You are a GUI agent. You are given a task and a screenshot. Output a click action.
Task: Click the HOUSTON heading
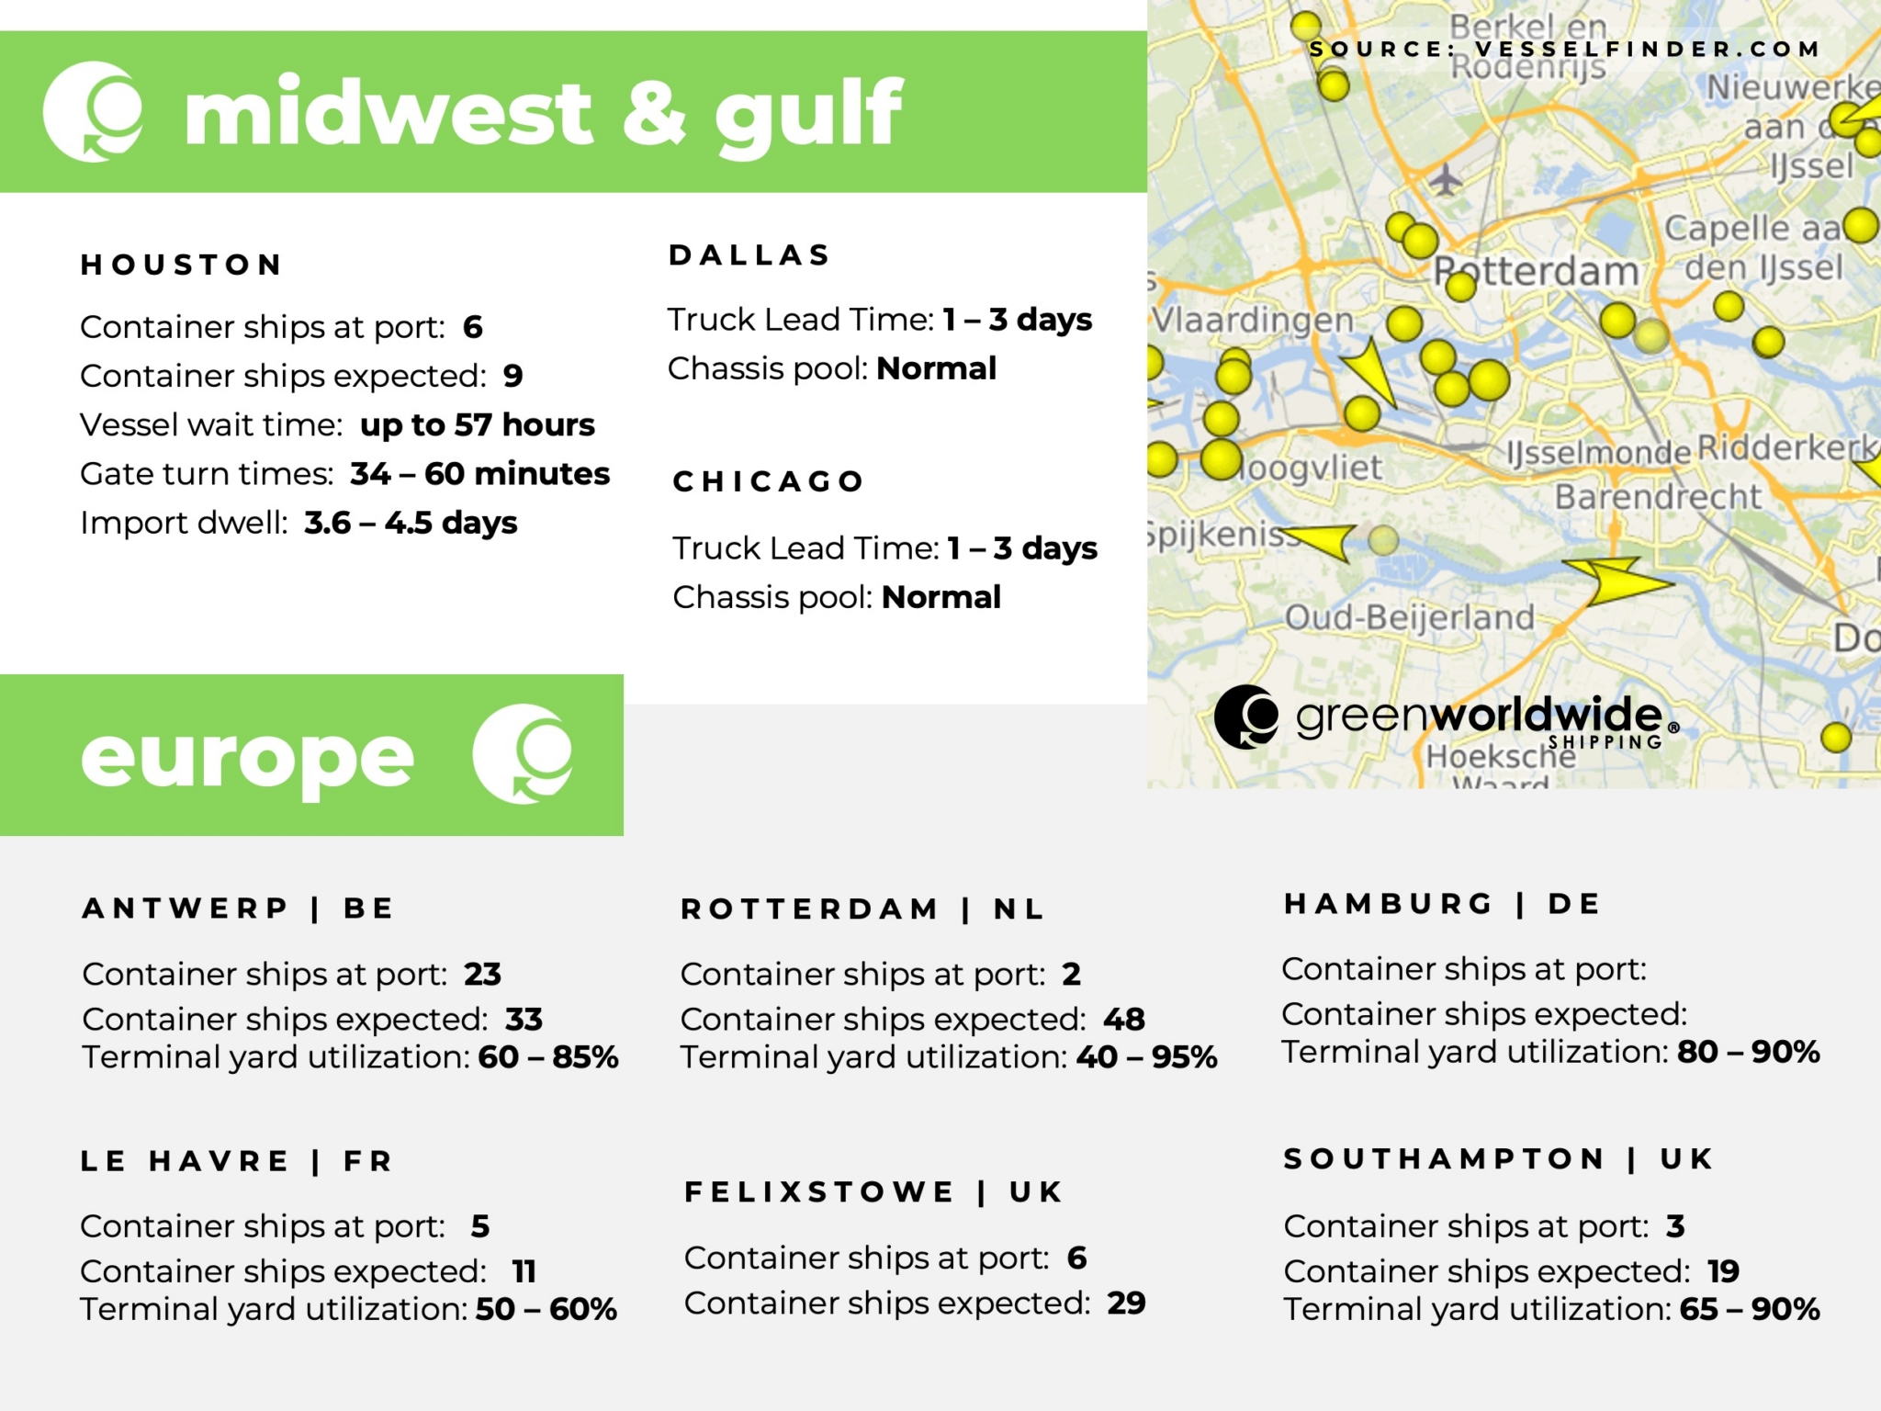pyautogui.click(x=181, y=265)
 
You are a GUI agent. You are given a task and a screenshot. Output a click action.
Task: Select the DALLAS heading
pyautogui.click(x=749, y=254)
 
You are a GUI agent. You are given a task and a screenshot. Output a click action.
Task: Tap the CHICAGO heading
pyautogui.click(x=769, y=481)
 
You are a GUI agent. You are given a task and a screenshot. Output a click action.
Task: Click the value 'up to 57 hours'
pyautogui.click(x=478, y=424)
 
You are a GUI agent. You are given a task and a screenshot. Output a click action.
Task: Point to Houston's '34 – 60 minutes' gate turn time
pyautogui.click(x=479, y=473)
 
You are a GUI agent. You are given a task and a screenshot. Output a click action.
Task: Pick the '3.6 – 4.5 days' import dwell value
pyautogui.click(x=411, y=523)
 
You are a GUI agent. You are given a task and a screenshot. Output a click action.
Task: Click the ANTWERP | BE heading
pyautogui.click(x=239, y=909)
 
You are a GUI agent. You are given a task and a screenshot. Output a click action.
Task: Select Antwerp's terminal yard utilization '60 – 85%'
pyautogui.click(x=548, y=1057)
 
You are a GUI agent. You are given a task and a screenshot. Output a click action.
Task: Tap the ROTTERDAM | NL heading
pyautogui.click(x=862, y=909)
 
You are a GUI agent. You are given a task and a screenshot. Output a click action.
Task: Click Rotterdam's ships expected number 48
pyautogui.click(x=1124, y=1019)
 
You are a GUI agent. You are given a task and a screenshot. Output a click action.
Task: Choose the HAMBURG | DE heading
pyautogui.click(x=1442, y=904)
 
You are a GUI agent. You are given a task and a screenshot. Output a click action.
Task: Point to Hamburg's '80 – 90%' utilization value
pyautogui.click(x=1748, y=1052)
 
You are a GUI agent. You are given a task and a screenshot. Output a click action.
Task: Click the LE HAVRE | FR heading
pyautogui.click(x=237, y=1161)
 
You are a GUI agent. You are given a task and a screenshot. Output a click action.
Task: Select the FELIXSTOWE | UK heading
pyautogui.click(x=873, y=1192)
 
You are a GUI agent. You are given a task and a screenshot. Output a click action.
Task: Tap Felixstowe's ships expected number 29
pyautogui.click(x=1126, y=1303)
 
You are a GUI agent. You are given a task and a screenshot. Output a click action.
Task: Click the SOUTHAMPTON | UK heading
pyautogui.click(x=1498, y=1159)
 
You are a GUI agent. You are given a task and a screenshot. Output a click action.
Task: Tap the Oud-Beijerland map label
pyautogui.click(x=1409, y=617)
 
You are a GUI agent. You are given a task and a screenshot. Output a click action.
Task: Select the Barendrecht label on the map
pyautogui.click(x=1658, y=497)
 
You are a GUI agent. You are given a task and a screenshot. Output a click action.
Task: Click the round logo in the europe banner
pyautogui.click(x=523, y=754)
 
